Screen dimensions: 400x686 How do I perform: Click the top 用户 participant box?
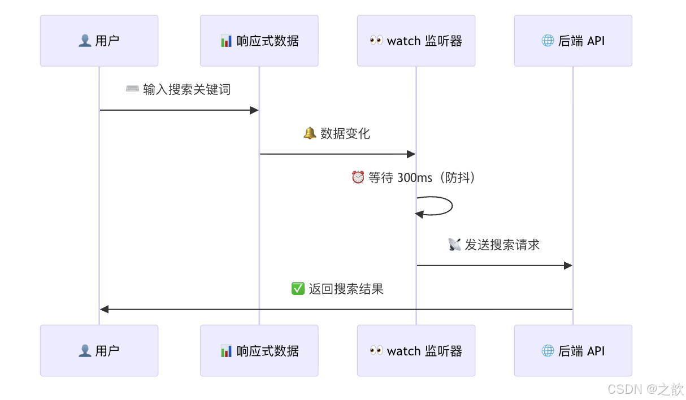pyautogui.click(x=99, y=41)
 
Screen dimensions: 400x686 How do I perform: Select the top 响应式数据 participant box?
pyautogui.click(x=259, y=41)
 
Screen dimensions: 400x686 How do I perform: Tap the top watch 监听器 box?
pyautogui.click(x=416, y=41)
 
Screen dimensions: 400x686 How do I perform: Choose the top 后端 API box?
pyautogui.click(x=573, y=41)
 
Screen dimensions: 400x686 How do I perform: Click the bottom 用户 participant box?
pyautogui.click(x=99, y=350)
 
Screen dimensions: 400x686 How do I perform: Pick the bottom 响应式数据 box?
pyautogui.click(x=259, y=350)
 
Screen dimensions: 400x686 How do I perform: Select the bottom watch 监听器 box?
pyautogui.click(x=416, y=350)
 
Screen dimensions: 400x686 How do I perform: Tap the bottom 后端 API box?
pyautogui.click(x=573, y=350)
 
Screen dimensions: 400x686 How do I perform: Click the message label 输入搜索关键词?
pyautogui.click(x=186, y=89)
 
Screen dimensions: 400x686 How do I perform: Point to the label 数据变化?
pyautogui.click(x=345, y=133)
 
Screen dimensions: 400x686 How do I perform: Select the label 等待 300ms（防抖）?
pyautogui.click(x=422, y=177)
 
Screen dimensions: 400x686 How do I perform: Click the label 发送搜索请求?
pyautogui.click(x=502, y=244)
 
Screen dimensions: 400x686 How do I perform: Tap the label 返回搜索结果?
pyautogui.click(x=346, y=289)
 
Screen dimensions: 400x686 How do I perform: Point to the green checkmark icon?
pyautogui.click(x=298, y=289)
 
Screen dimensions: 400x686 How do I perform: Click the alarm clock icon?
pyautogui.click(x=358, y=177)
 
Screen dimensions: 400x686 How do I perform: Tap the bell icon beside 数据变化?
pyautogui.click(x=310, y=133)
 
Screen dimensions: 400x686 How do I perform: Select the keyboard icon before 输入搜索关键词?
pyautogui.click(x=132, y=89)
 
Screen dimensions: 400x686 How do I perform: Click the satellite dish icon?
pyautogui.click(x=454, y=244)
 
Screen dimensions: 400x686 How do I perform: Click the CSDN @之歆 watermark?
pyautogui.click(x=645, y=389)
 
